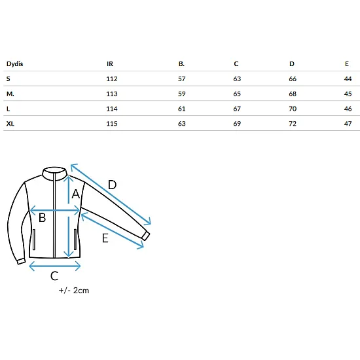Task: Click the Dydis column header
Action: [x=14, y=64]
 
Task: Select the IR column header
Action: [x=110, y=64]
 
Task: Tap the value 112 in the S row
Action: [x=112, y=79]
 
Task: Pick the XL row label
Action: [x=10, y=124]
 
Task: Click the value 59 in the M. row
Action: [x=181, y=94]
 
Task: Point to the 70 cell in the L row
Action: [x=293, y=109]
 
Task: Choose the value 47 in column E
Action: [x=348, y=124]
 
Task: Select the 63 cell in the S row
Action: [x=237, y=79]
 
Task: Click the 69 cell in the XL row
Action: [x=237, y=124]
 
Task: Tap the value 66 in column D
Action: [x=293, y=79]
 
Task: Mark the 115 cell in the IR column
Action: [x=112, y=124]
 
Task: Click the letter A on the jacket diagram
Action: [x=76, y=194]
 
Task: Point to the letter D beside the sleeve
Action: [x=112, y=185]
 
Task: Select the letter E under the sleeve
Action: [x=105, y=238]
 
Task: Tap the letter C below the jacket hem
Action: [x=54, y=276]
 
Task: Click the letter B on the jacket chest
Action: [x=43, y=218]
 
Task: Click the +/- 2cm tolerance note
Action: [x=74, y=291]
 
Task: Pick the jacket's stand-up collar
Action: [x=54, y=173]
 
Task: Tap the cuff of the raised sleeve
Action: [x=146, y=236]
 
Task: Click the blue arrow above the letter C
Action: [x=54, y=266]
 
